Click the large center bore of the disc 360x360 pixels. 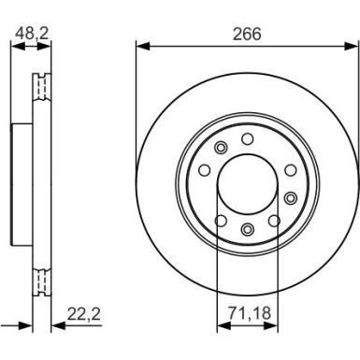[x=247, y=184]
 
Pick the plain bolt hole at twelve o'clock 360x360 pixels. [x=247, y=139]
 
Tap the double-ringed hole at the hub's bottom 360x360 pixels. [x=247, y=229]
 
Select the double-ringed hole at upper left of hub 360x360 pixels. [x=221, y=149]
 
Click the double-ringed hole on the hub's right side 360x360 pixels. [x=291, y=197]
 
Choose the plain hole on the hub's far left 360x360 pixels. [x=203, y=171]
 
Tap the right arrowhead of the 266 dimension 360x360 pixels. [x=354, y=44]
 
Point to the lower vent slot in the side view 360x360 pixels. [x=39, y=278]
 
